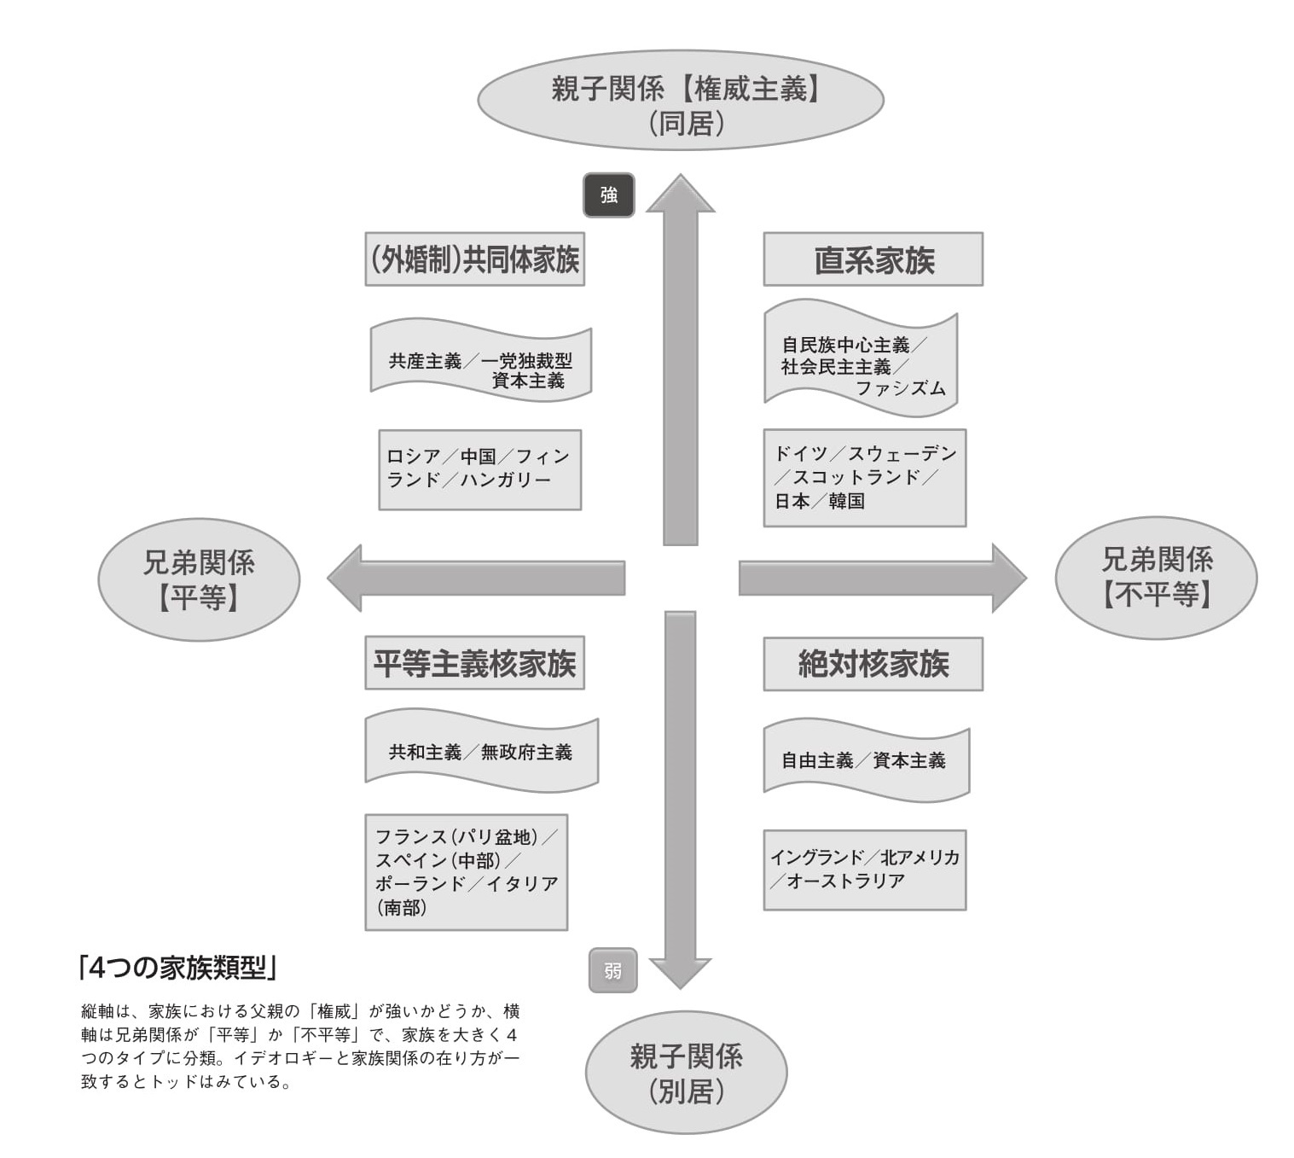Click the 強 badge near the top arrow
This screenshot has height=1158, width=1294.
coord(608,195)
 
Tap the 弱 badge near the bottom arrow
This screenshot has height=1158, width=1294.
coord(612,970)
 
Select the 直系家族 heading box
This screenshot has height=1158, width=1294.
coord(873,259)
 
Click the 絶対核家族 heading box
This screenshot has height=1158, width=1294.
coord(873,664)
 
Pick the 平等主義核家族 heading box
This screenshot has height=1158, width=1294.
coord(474,663)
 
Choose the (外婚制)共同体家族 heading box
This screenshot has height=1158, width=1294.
coord(474,259)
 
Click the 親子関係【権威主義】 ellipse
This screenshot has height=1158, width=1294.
coord(680,101)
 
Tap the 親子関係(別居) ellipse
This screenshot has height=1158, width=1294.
coord(686,1073)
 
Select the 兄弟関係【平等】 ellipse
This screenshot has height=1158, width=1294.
coord(199,579)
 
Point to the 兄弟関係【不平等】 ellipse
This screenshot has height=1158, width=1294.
coord(1156,578)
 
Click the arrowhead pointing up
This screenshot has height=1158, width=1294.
coord(680,195)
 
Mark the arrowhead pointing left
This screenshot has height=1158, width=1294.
coord(346,579)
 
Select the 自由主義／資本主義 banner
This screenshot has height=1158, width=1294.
coord(865,760)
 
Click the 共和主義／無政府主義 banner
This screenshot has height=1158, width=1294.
coord(481,752)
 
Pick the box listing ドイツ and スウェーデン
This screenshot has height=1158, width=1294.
coord(864,477)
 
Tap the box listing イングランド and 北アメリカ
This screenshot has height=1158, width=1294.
coord(864,870)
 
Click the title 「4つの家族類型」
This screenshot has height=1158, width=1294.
coord(177,968)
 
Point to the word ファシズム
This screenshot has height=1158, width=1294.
coord(900,389)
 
